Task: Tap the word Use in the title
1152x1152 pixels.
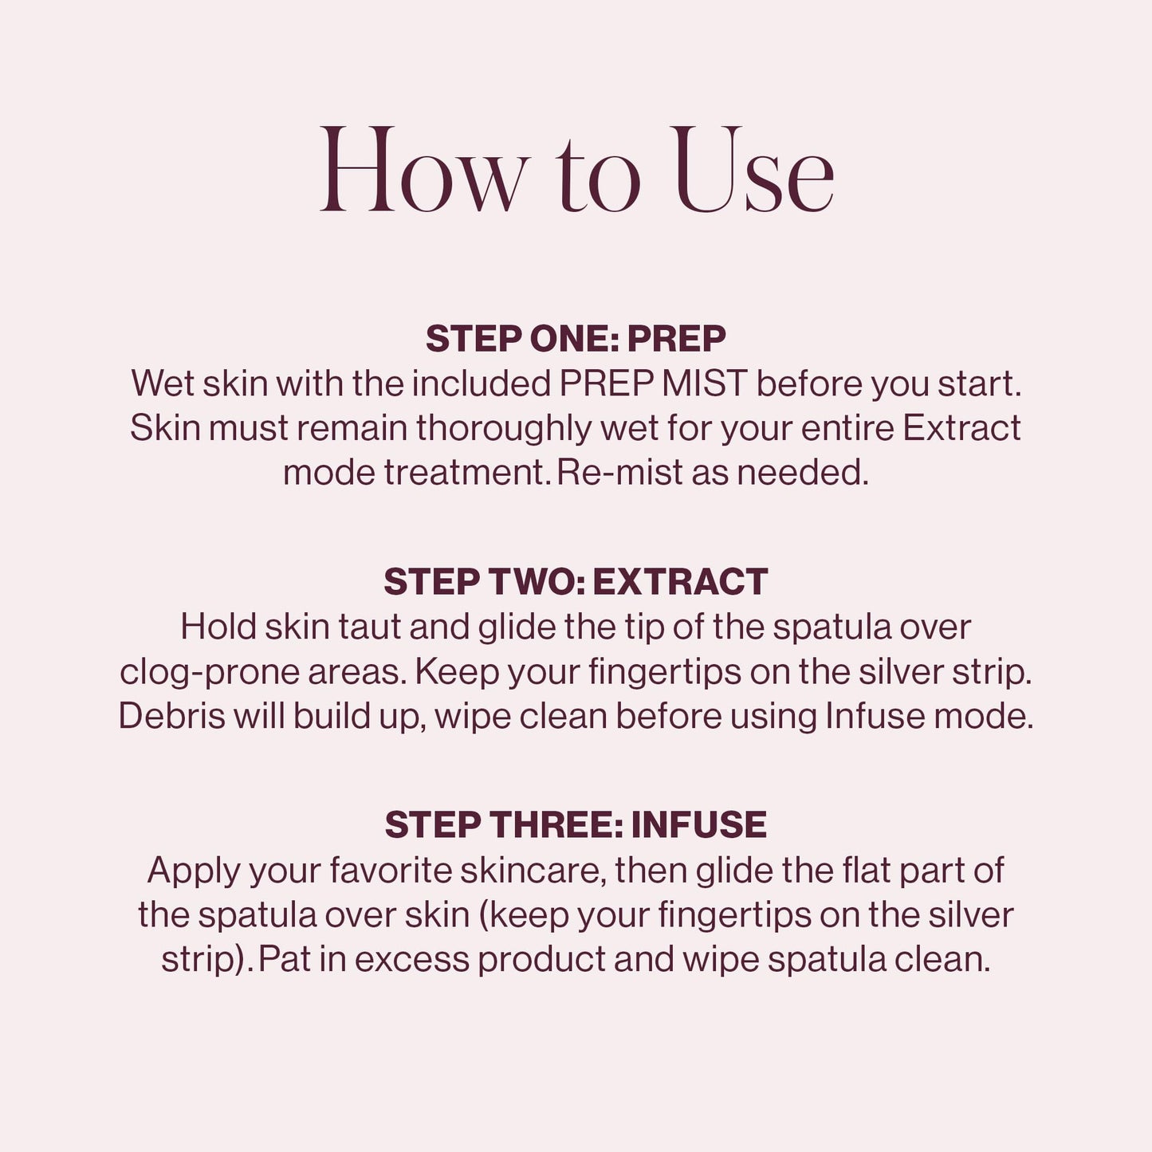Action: click(x=753, y=171)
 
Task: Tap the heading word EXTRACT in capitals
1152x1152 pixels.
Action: click(x=680, y=582)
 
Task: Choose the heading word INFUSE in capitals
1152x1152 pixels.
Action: click(x=698, y=825)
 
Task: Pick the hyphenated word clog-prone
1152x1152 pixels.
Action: click(x=209, y=672)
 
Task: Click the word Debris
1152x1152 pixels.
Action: click(x=171, y=716)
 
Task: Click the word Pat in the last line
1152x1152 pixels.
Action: click(x=284, y=959)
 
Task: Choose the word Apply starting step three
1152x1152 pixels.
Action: click(x=194, y=870)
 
